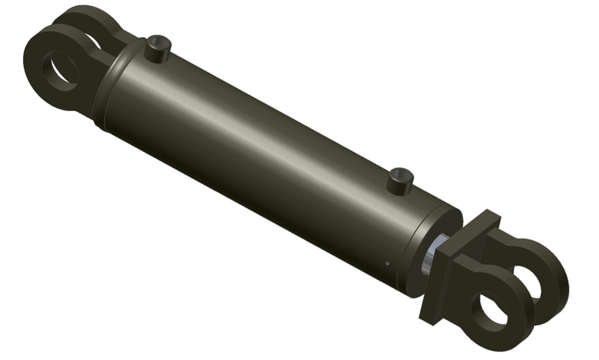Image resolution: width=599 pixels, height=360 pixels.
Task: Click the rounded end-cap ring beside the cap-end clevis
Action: pos(114,87)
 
